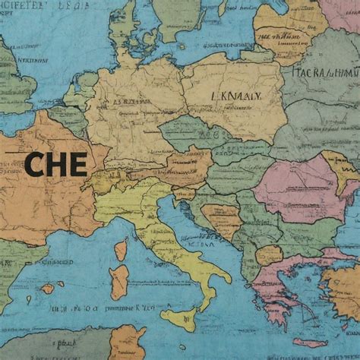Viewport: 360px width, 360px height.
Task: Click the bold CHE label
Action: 55,164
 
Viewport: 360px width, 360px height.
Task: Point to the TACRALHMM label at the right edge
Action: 326,74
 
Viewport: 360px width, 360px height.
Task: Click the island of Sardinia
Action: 119,280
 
